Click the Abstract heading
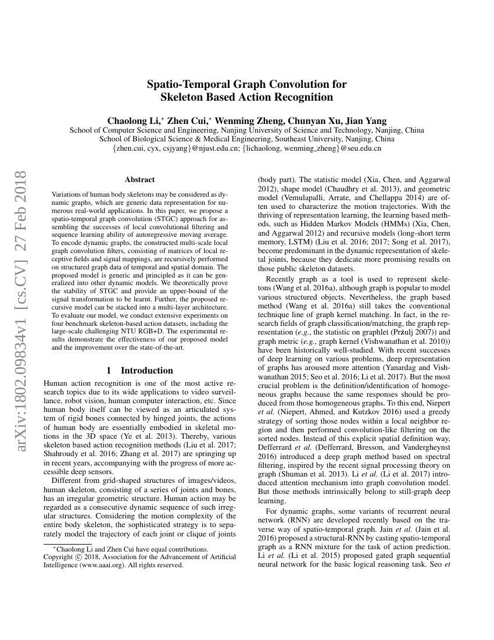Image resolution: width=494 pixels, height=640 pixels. (x=139, y=180)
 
